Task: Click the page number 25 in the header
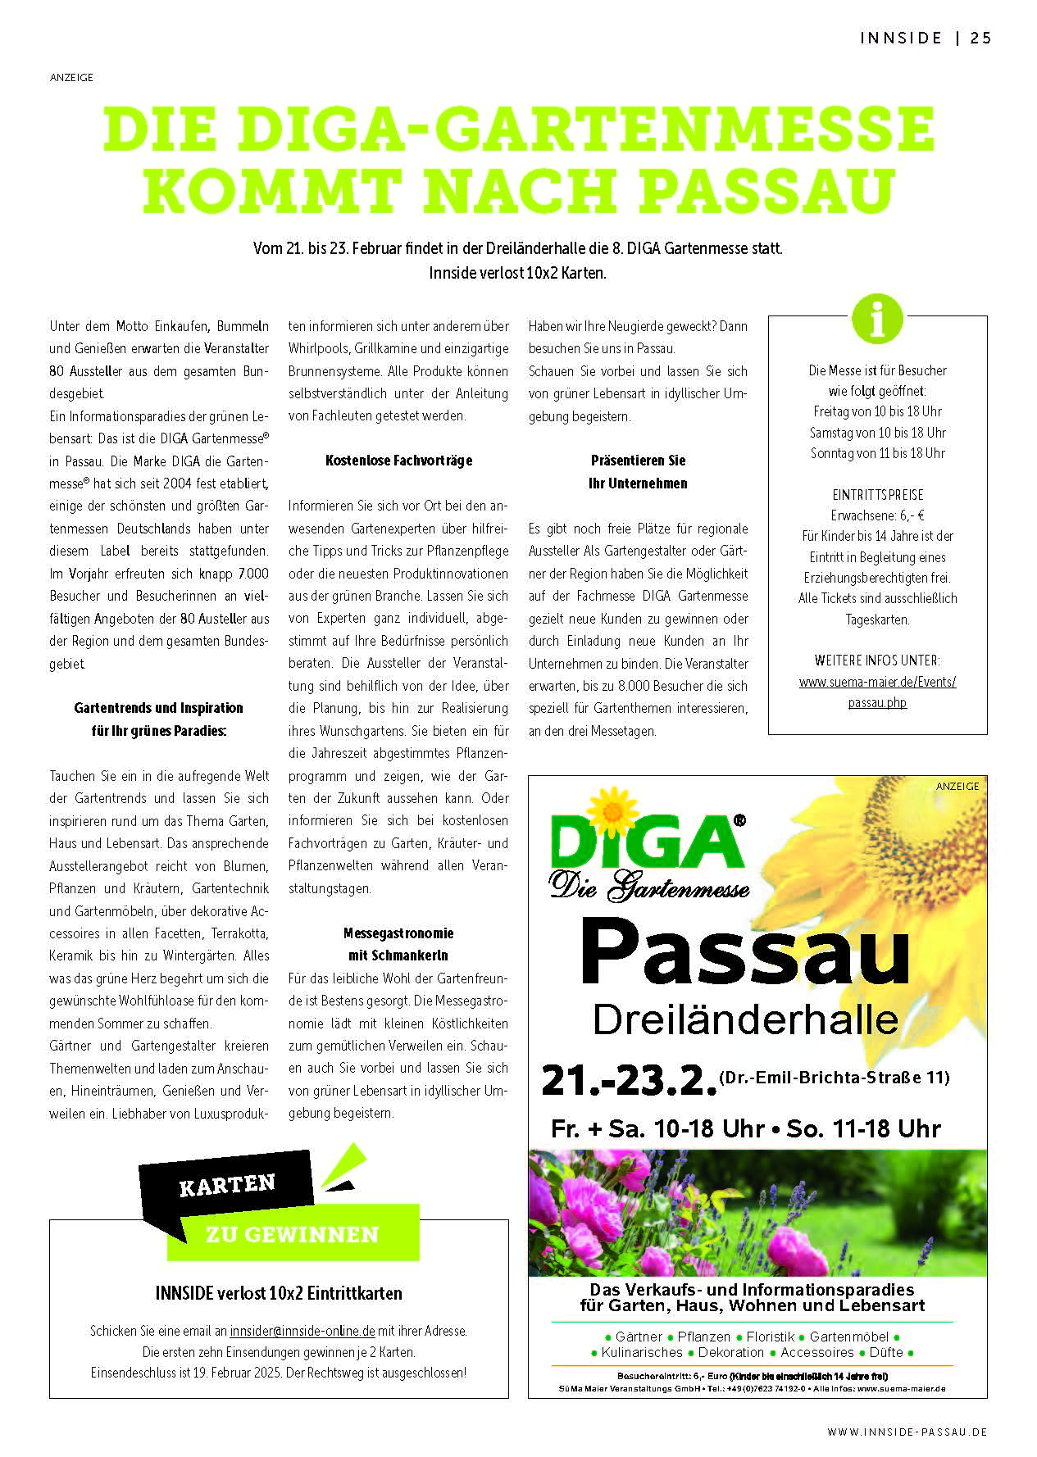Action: coord(980,38)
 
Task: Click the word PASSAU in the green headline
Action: coord(766,190)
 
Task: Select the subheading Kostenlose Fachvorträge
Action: coord(398,461)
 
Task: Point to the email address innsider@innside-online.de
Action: coord(302,1331)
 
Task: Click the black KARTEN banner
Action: coord(227,1185)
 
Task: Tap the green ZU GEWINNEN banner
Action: coord(292,1234)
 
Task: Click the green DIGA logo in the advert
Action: coord(648,842)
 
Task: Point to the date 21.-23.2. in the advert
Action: coord(628,1080)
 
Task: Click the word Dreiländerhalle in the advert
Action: coord(745,1020)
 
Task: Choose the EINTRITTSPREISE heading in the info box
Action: coord(877,495)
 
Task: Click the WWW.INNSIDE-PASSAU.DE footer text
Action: coord(907,1432)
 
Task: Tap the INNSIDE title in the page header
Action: coord(901,38)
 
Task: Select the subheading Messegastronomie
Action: coord(398,933)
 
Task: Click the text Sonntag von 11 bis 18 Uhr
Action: coord(877,453)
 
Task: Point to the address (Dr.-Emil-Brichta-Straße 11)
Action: coord(834,1077)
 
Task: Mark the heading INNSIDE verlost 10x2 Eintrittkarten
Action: coord(279,1293)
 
